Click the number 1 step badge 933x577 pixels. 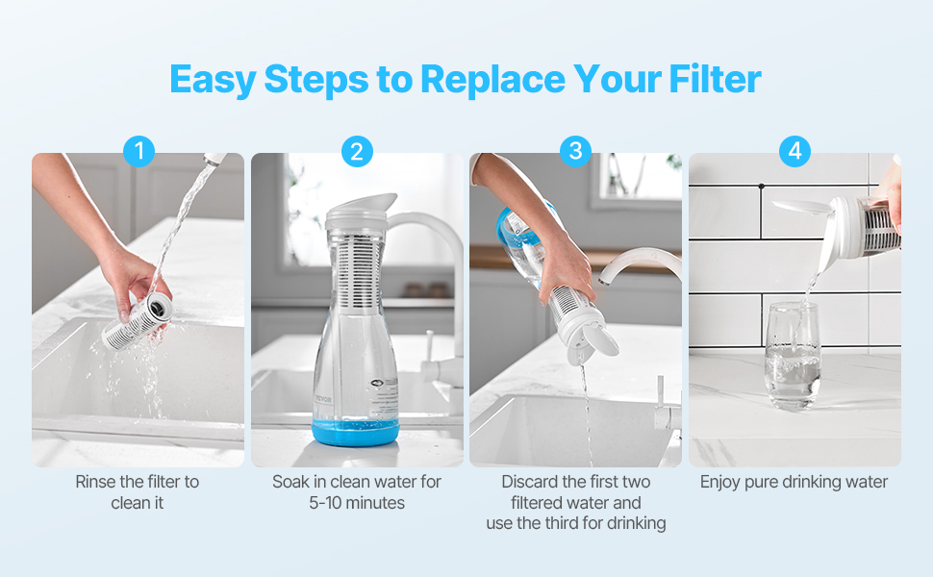pyautogui.click(x=139, y=151)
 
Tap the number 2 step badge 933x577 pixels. pyautogui.click(x=357, y=151)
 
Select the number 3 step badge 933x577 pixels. pyautogui.click(x=575, y=151)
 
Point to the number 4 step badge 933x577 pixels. pyautogui.click(x=794, y=151)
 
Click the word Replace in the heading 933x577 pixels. pyautogui.click(x=493, y=81)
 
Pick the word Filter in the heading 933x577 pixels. pyautogui.click(x=716, y=79)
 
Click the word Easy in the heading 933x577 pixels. pyautogui.click(x=213, y=81)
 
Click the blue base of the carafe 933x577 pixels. pyautogui.click(x=355, y=433)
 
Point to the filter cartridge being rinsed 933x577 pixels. pyautogui.click(x=138, y=321)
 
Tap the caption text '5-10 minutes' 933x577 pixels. pyautogui.click(x=357, y=503)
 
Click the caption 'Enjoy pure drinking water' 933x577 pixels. pyautogui.click(x=794, y=482)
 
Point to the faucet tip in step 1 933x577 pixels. pyautogui.click(x=214, y=159)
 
